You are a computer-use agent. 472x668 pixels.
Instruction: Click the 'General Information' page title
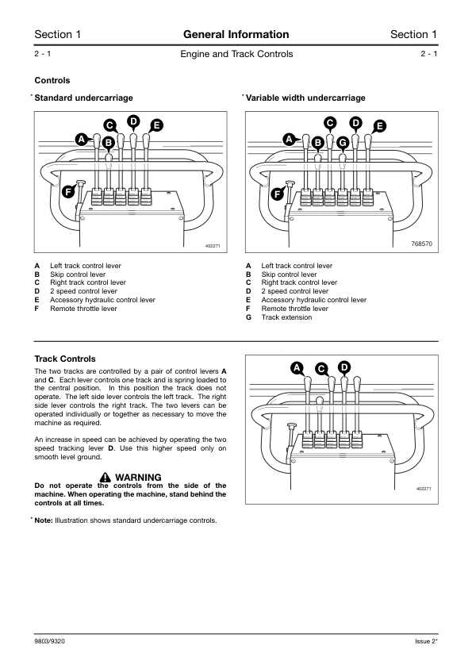coord(236,34)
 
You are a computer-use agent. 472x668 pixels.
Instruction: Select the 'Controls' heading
coord(52,80)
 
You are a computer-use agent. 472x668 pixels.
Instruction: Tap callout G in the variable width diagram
coord(343,143)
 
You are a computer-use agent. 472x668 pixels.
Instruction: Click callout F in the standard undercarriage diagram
coord(68,192)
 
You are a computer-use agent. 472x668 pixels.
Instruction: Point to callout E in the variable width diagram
coord(379,126)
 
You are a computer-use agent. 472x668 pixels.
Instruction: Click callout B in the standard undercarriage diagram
coord(109,143)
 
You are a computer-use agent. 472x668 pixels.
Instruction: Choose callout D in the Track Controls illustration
coord(343,367)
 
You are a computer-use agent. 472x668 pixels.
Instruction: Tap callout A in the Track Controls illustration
coord(297,368)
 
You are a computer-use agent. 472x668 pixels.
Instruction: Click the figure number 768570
coord(421,244)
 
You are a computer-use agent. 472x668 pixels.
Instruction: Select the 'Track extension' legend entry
coord(286,317)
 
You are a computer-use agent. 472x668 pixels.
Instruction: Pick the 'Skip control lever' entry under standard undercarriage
coord(78,274)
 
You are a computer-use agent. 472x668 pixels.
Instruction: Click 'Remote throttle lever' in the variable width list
coord(295,309)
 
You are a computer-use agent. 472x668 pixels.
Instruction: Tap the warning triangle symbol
coord(106,477)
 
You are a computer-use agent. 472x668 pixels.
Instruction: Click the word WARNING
coord(138,477)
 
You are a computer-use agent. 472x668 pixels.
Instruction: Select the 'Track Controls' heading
coord(65,359)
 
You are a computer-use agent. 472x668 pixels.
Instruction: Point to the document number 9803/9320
coord(49,641)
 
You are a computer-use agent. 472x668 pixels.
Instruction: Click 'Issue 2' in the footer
coord(425,641)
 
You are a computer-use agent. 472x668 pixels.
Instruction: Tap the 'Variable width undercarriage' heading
coord(305,98)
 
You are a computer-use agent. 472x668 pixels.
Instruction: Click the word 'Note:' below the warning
coord(44,520)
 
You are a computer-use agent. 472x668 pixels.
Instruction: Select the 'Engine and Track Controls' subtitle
coord(236,54)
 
